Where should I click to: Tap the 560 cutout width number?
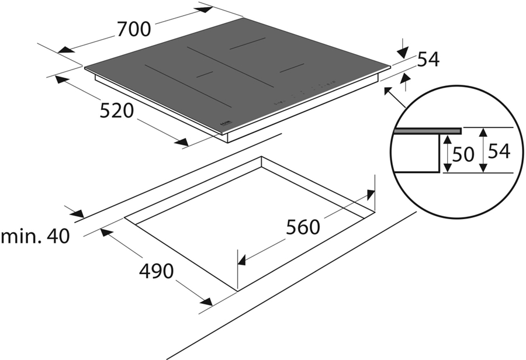[303, 227]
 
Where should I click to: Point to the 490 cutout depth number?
[157, 271]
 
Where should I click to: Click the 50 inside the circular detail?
[462, 154]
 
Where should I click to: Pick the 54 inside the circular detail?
[499, 151]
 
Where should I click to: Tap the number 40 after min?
[58, 236]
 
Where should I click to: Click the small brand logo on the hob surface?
[225, 124]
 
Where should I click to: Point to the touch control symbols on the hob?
[304, 91]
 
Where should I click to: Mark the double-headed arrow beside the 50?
[446, 154]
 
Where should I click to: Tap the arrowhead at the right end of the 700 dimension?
[205, 9]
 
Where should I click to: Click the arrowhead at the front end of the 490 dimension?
[205, 302]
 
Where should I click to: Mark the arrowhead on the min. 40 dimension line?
[77, 214]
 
